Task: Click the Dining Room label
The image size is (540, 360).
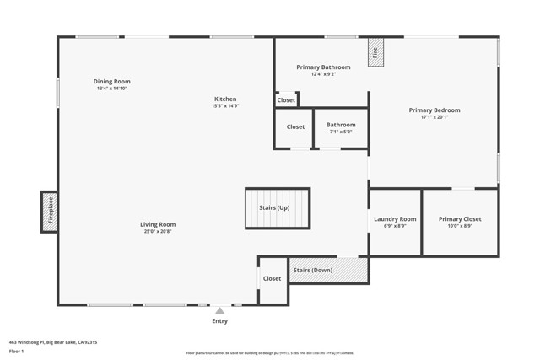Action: pyautogui.click(x=113, y=82)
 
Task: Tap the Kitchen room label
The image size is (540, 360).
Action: pyautogui.click(x=225, y=99)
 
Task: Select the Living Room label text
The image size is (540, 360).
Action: pyautogui.click(x=158, y=224)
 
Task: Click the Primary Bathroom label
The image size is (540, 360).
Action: pyautogui.click(x=323, y=67)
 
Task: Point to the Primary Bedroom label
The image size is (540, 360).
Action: pyautogui.click(x=435, y=110)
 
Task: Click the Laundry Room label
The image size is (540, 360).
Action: pyautogui.click(x=395, y=219)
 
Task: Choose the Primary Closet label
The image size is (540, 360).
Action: pyautogui.click(x=460, y=219)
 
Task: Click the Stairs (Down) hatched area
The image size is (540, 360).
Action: pyautogui.click(x=328, y=270)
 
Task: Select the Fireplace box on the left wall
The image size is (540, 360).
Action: pyautogui.click(x=49, y=211)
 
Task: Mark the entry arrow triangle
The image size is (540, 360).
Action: pyautogui.click(x=219, y=310)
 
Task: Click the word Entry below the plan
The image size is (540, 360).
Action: pyautogui.click(x=219, y=321)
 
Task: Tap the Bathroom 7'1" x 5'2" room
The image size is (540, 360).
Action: pyautogui.click(x=341, y=128)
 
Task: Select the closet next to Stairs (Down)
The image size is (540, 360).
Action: pyautogui.click(x=272, y=279)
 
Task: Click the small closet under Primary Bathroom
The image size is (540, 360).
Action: pyautogui.click(x=286, y=100)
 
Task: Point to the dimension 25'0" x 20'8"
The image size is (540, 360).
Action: pyautogui.click(x=158, y=231)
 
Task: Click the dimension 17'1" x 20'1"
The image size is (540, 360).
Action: pyautogui.click(x=435, y=117)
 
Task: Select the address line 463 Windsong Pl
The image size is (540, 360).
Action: pyautogui.click(x=53, y=342)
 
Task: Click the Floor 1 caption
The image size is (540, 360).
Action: pyautogui.click(x=16, y=352)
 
